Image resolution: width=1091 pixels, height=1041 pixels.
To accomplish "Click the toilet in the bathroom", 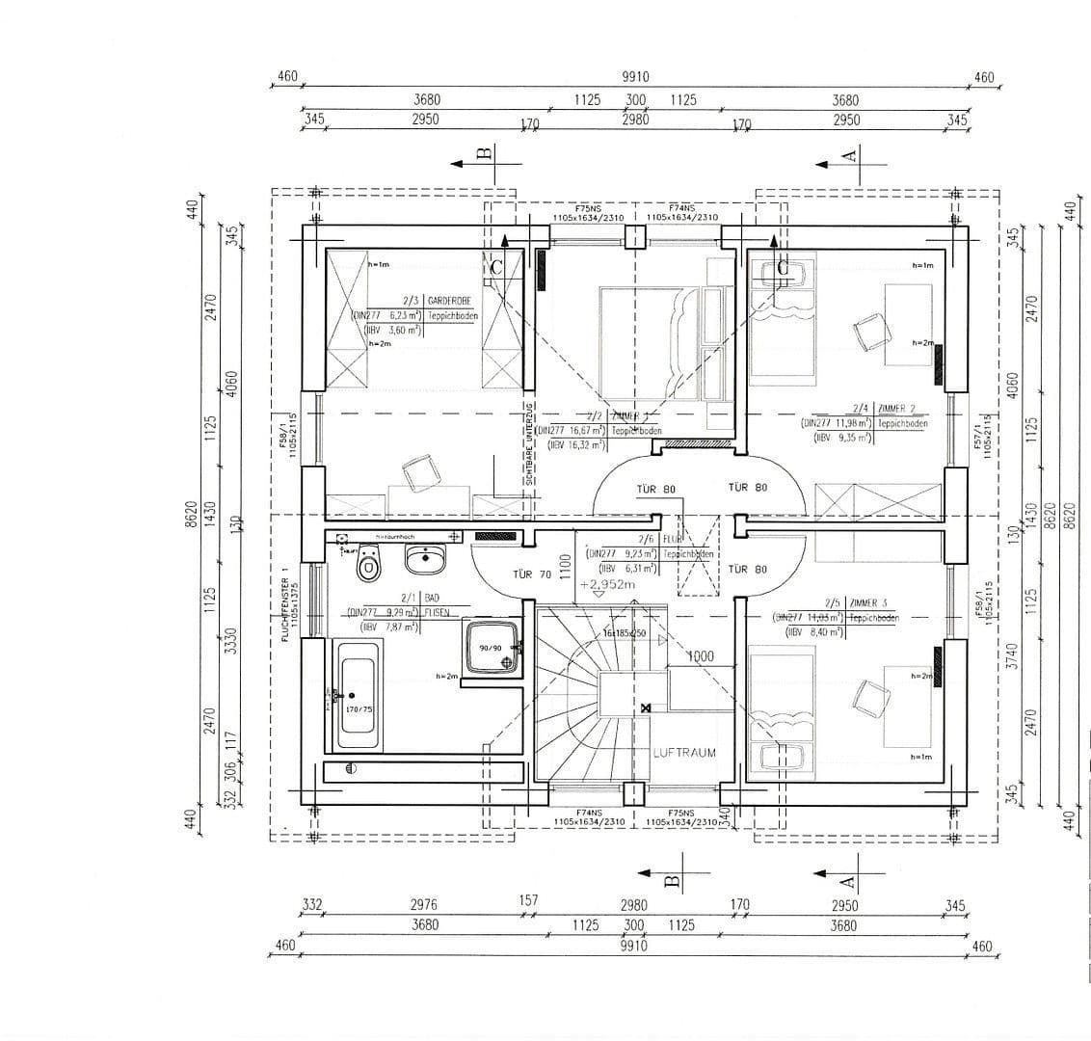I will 368,565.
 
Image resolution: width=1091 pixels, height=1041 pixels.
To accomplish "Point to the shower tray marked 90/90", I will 492,648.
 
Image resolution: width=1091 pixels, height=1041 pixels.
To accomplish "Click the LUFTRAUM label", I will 684,753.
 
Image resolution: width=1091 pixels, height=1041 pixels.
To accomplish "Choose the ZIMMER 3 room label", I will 873,603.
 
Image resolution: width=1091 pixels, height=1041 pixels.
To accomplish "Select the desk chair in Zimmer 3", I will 874,698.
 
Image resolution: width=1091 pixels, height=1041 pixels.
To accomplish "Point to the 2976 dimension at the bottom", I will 423,905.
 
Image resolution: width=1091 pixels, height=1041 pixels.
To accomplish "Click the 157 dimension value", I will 529,900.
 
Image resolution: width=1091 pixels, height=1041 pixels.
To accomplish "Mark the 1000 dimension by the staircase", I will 700,656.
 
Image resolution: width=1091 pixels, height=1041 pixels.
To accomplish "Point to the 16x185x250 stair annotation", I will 624,633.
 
